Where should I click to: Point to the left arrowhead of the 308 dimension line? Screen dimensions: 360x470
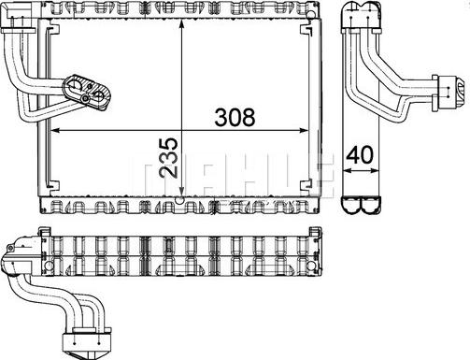tap(53, 129)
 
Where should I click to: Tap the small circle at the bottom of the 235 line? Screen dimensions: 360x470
tap(180, 199)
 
